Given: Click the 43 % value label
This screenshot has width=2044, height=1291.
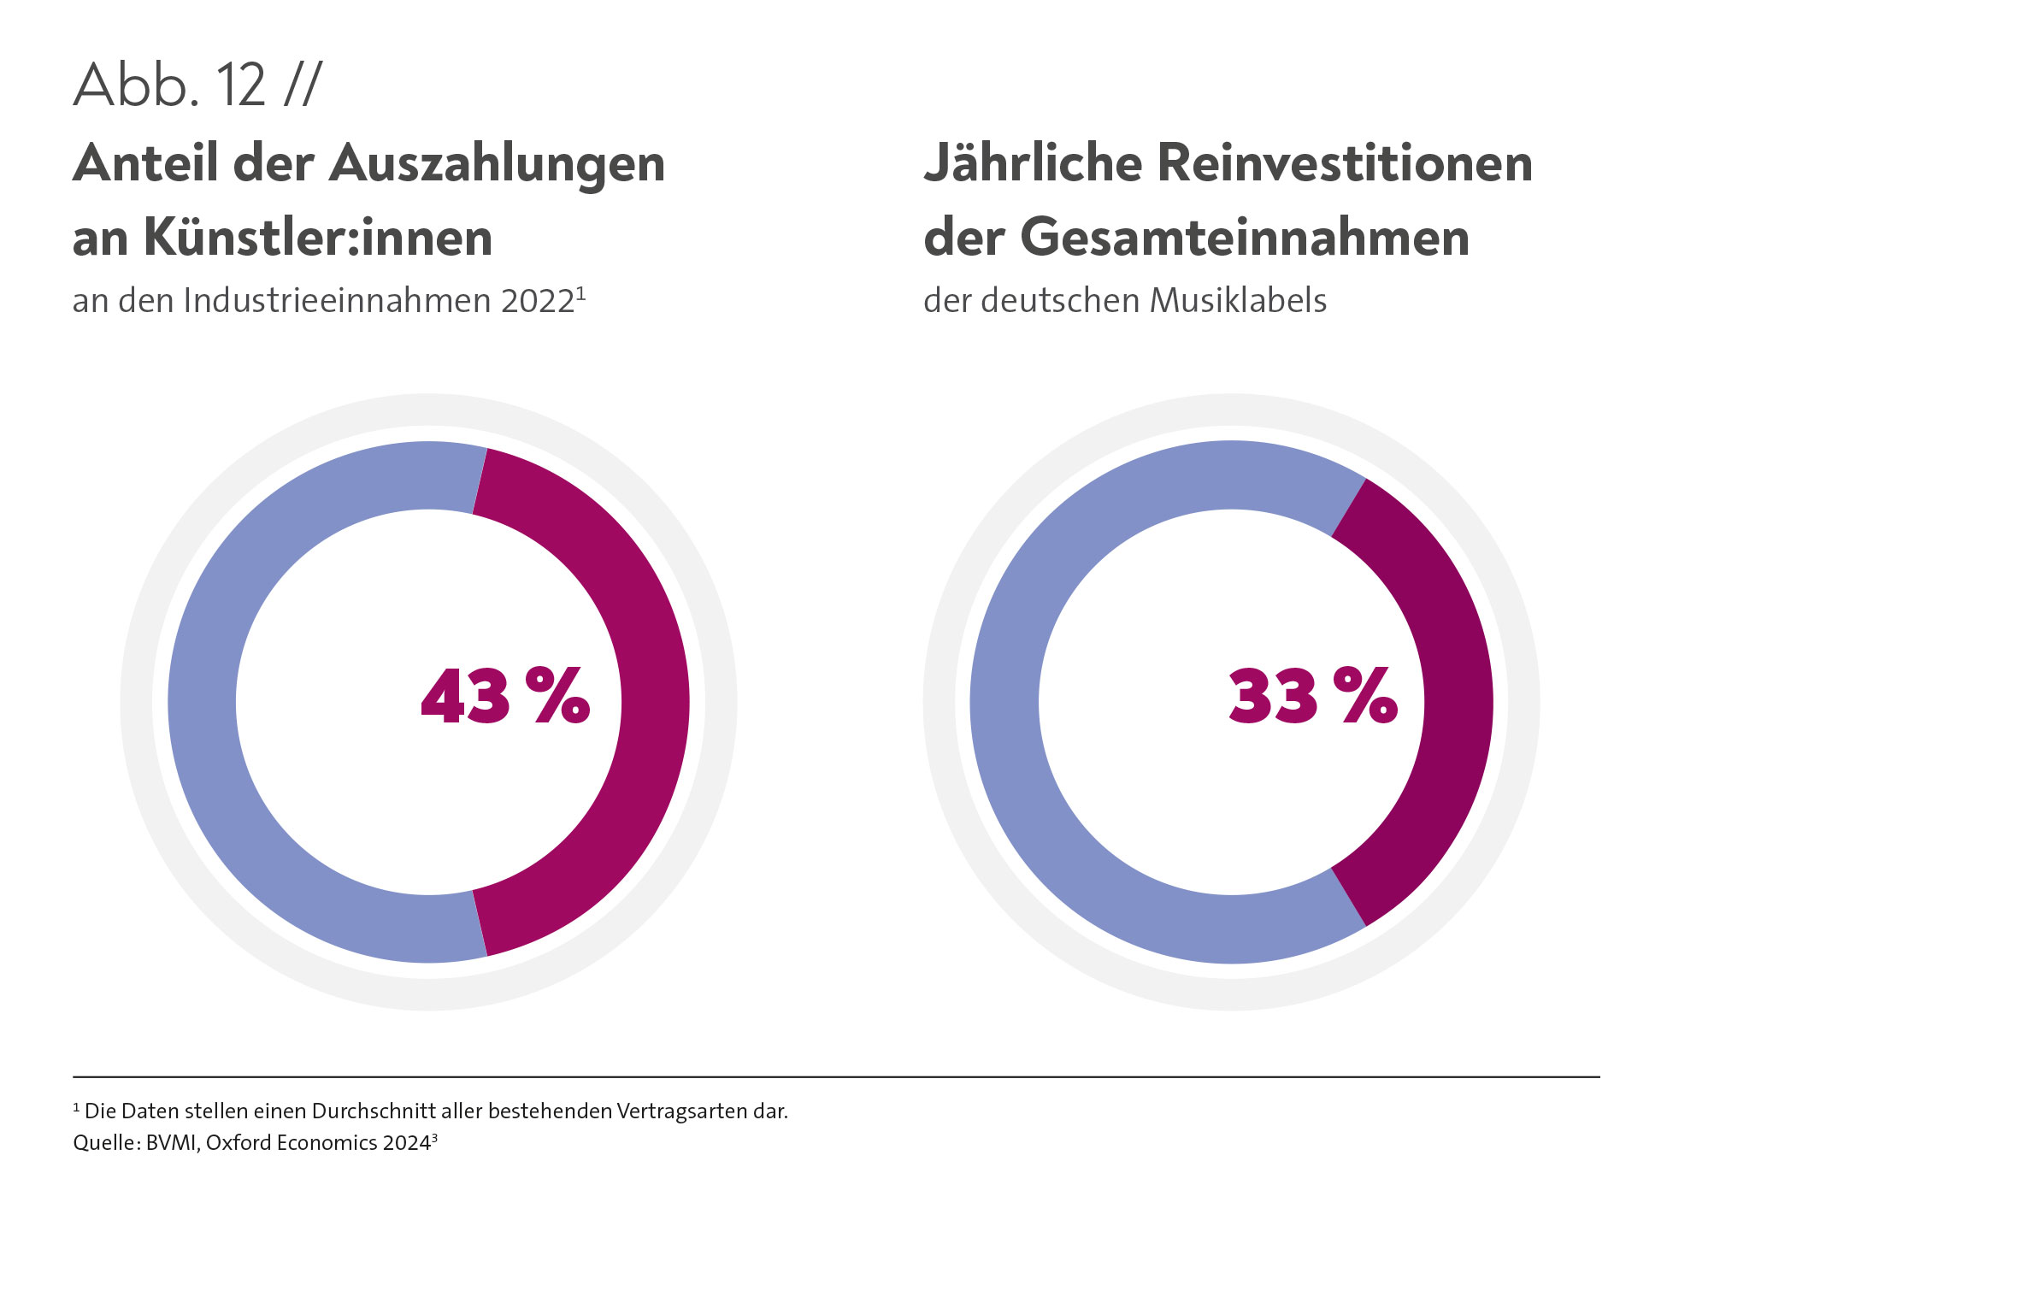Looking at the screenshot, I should tap(505, 696).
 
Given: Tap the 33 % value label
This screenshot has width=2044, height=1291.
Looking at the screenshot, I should tap(1312, 696).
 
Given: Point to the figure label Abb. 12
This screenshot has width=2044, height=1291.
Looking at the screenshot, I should tap(170, 85).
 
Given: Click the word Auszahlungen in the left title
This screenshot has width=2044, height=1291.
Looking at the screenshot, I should tap(497, 163).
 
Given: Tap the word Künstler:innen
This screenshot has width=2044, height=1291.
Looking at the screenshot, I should tap(318, 238).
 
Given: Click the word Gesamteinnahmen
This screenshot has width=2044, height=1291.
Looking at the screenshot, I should tap(1245, 238).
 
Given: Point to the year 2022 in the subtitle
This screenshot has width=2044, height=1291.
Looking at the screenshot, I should tap(538, 301).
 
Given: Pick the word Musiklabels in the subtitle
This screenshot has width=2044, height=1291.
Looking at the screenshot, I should tap(1238, 301).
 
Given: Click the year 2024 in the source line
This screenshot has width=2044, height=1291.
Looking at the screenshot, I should tap(406, 1143).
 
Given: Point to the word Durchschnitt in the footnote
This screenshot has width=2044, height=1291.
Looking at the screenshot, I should tap(374, 1111).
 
